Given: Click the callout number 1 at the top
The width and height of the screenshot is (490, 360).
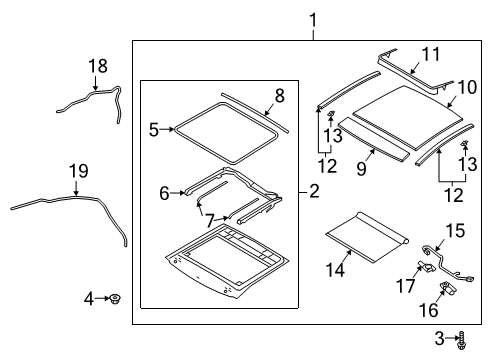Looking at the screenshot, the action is pyautogui.click(x=313, y=21).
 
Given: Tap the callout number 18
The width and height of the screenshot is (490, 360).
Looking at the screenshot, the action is pyautogui.click(x=98, y=66).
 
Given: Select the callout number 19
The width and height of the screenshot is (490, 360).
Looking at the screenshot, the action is pyautogui.click(x=79, y=171).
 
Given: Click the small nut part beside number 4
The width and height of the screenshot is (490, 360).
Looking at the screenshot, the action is pyautogui.click(x=115, y=299).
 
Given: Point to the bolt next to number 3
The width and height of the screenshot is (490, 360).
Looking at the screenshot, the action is pyautogui.click(x=462, y=340).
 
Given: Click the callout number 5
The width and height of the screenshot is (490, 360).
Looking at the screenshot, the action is pyautogui.click(x=154, y=130).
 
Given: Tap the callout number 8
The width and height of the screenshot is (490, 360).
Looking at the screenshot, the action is pyautogui.click(x=279, y=96).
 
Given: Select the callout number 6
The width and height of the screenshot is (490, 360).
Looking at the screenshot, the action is pyautogui.click(x=164, y=193).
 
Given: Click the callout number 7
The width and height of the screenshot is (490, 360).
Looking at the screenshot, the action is pyautogui.click(x=209, y=221).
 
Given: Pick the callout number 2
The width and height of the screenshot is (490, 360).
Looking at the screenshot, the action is pyautogui.click(x=314, y=191).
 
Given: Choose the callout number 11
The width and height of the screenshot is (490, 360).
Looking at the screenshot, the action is pyautogui.click(x=431, y=54).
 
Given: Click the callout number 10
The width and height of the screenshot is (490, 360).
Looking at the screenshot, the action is pyautogui.click(x=467, y=87).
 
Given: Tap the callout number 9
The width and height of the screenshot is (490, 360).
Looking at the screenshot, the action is pyautogui.click(x=361, y=168).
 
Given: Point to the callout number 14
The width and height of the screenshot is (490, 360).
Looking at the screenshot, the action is pyautogui.click(x=335, y=269).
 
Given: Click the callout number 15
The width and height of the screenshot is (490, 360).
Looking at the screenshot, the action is pyautogui.click(x=455, y=231).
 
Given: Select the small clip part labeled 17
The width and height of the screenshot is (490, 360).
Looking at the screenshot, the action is pyautogui.click(x=424, y=267).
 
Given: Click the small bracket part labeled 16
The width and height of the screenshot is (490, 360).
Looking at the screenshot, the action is pyautogui.click(x=447, y=288).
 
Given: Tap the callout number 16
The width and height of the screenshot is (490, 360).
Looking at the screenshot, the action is pyautogui.click(x=429, y=311).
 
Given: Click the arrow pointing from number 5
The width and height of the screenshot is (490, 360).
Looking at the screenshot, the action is pyautogui.click(x=167, y=129).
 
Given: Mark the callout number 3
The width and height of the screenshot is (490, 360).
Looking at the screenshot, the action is pyautogui.click(x=439, y=338).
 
